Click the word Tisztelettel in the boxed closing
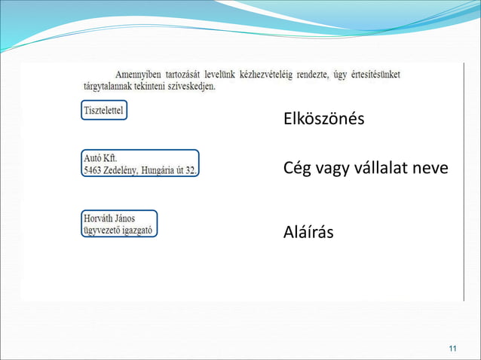coord(105,111)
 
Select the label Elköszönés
coord(323,119)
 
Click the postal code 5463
coord(93,170)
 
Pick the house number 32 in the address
coord(191,170)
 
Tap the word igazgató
coord(140,230)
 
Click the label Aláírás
coord(308,232)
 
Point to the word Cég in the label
coord(296,168)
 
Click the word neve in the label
coord(431,168)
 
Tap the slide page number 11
coord(452,347)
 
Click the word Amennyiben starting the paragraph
coord(142,75)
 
